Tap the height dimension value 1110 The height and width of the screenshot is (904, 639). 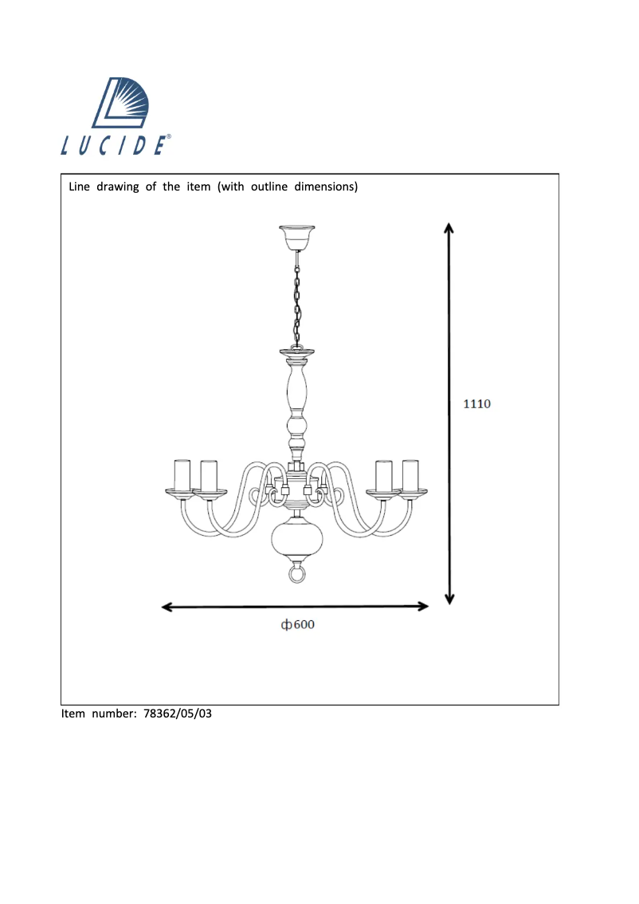[477, 403]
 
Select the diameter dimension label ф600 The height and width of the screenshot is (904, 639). [297, 625]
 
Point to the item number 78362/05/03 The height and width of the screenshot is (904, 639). [178, 714]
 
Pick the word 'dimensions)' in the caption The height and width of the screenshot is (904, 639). [326, 187]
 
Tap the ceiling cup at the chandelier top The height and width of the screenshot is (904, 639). [296, 237]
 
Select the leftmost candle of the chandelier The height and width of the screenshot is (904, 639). [182, 475]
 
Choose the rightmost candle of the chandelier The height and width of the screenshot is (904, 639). [410, 476]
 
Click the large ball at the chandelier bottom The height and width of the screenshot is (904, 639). [296, 541]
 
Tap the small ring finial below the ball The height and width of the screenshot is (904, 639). [296, 573]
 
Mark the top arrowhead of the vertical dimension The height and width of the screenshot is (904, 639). [449, 227]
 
